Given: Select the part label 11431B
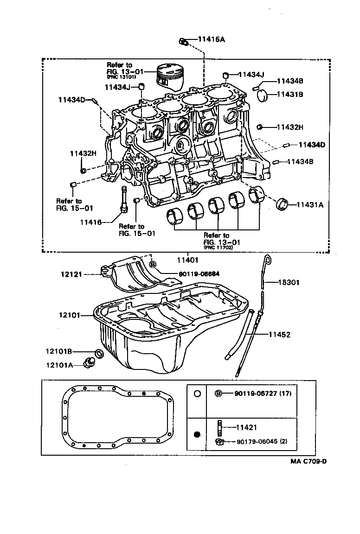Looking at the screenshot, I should click(290, 94).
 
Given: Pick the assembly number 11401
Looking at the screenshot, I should click(187, 260).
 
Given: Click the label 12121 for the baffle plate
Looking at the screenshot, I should click(71, 274).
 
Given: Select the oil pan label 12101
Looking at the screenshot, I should click(70, 315).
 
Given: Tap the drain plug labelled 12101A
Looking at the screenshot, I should click(87, 362).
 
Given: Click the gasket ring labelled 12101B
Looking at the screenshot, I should click(99, 354).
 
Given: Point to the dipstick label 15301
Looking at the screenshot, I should click(290, 282).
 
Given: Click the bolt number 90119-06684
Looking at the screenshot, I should click(186, 273).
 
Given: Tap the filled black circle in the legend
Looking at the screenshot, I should click(197, 434).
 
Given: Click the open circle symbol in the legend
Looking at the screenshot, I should click(197, 394).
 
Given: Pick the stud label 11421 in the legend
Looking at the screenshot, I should click(246, 427).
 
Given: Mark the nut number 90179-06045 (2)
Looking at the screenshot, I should click(261, 441).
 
